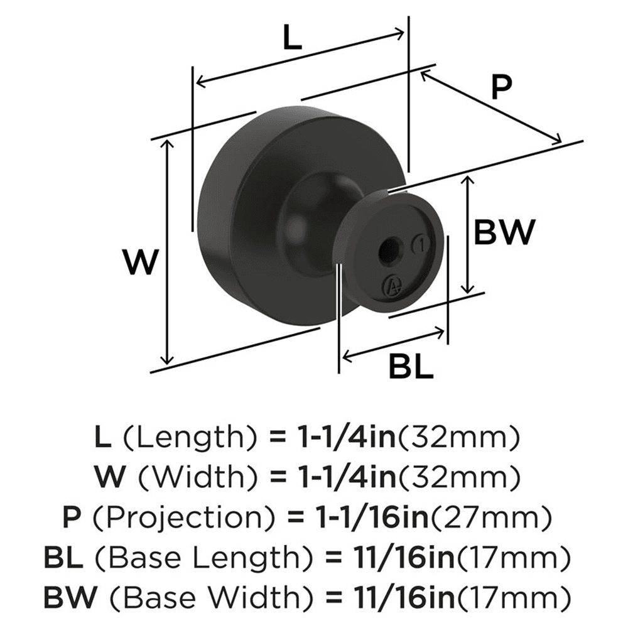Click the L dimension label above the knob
click(x=291, y=39)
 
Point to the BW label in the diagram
click(x=504, y=233)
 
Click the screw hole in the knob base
click(x=385, y=251)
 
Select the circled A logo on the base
click(x=392, y=286)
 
